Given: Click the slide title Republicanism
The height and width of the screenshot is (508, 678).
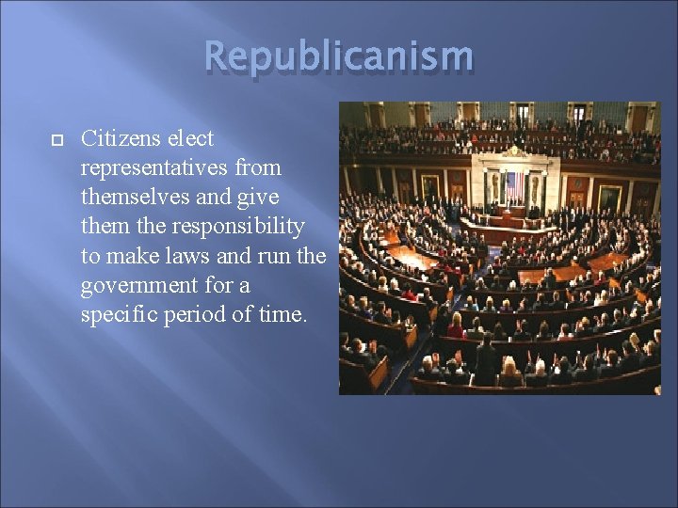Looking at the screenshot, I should point(339,56).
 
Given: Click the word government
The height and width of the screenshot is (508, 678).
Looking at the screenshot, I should point(138,285).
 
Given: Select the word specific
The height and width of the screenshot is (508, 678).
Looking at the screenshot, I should point(118,314).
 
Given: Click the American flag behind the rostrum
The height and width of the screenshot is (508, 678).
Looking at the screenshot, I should point(514,186).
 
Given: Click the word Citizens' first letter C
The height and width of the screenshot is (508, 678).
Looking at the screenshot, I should point(89,139).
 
